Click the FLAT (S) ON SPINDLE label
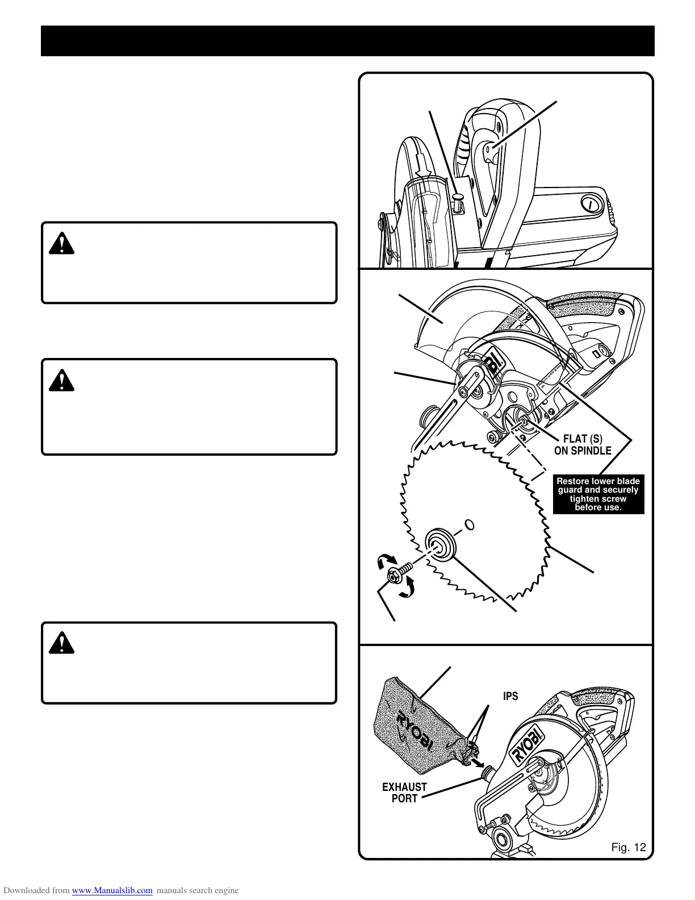[x=583, y=444]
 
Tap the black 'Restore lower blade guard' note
[x=598, y=494]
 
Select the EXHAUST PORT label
[x=404, y=793]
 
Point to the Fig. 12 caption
[x=629, y=848]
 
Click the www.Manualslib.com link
[x=112, y=890]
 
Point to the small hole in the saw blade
[x=469, y=523]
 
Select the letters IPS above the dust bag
[x=510, y=696]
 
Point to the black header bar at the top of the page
[x=347, y=41]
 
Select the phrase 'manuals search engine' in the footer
[x=198, y=890]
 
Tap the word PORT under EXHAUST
[x=404, y=799]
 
